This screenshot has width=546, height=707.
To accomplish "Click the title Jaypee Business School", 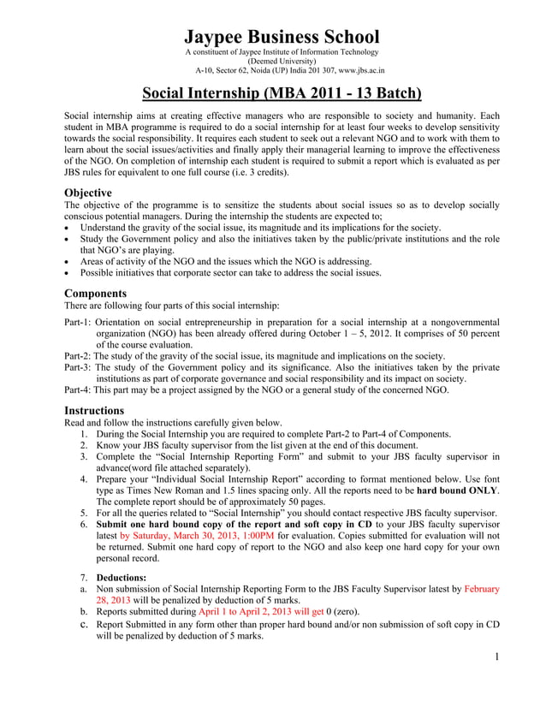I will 282,37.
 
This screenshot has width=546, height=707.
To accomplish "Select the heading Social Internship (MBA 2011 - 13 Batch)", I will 282,92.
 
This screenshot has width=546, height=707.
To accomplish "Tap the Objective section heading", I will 89,193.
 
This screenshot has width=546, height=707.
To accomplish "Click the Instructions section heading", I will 94,410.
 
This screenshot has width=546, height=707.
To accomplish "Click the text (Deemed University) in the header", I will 282,62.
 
